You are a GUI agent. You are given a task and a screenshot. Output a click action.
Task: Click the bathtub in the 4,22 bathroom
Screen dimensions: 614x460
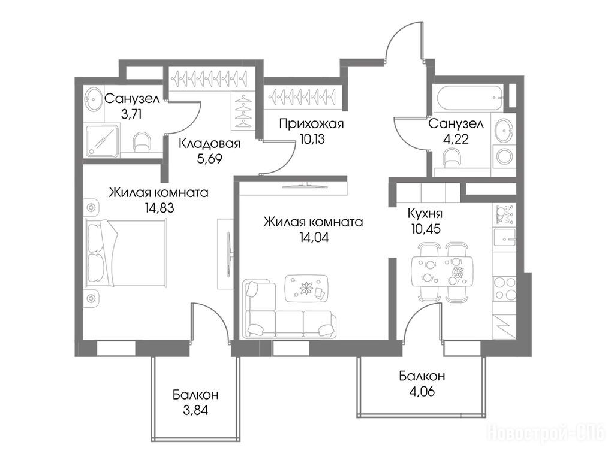(x=467, y=98)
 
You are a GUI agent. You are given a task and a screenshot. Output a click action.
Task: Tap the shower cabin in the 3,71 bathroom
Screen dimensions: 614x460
(x=101, y=140)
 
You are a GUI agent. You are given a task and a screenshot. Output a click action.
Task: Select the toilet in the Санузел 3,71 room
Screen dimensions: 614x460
(x=142, y=143)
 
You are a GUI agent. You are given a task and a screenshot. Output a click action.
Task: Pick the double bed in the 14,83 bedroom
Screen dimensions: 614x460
(x=126, y=252)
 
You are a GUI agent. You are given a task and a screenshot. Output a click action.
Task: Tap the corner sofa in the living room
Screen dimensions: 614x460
(x=290, y=308)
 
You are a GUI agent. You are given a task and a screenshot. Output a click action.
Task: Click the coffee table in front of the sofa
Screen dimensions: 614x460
(x=306, y=288)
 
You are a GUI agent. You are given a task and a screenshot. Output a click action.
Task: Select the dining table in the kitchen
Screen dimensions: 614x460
(x=442, y=272)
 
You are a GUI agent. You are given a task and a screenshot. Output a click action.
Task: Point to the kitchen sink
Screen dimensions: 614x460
(x=504, y=237)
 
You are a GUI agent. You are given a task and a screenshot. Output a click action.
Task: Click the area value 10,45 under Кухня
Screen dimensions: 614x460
(x=426, y=228)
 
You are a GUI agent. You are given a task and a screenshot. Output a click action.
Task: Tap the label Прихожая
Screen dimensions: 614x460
(x=311, y=124)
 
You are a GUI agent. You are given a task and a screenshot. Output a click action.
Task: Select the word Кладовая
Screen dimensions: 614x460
(x=209, y=144)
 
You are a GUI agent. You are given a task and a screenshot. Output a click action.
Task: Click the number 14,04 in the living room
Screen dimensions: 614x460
(x=314, y=237)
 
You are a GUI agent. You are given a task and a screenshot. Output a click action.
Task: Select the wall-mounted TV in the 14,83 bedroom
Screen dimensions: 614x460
(x=229, y=254)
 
